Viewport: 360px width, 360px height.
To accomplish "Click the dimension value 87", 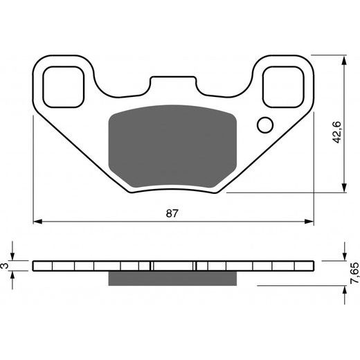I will tap(172, 213).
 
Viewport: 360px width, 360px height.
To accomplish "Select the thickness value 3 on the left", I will tap(6, 266).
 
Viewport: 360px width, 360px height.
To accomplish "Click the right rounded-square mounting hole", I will tap(284, 86).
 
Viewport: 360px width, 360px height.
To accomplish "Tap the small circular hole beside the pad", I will tap(264, 125).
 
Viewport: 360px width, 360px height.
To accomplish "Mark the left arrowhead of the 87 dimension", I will tap(38, 222).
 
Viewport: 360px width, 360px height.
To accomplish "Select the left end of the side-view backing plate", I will tap(35, 266).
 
